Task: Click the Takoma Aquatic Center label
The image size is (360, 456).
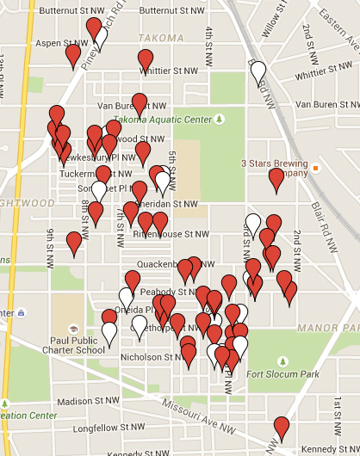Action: click(x=164, y=119)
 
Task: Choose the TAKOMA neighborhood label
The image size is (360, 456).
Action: click(x=161, y=38)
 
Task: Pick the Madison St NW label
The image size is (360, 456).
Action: click(x=86, y=401)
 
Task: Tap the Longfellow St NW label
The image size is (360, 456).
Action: click(x=106, y=426)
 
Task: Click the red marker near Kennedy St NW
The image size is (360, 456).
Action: click(x=282, y=428)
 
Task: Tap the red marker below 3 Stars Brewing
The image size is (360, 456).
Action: click(x=276, y=180)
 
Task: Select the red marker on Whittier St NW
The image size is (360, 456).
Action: click(x=146, y=60)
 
